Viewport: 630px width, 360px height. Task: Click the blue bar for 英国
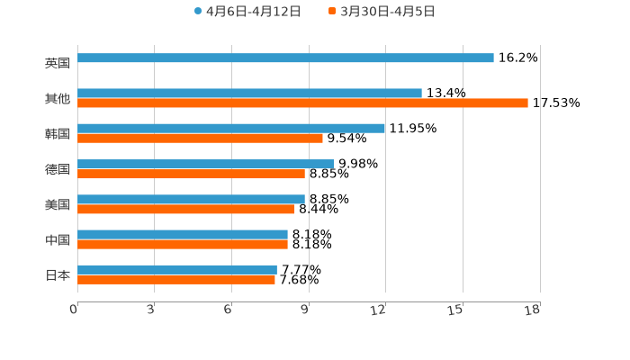click(x=285, y=58)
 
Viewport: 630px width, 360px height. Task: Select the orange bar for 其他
click(x=302, y=103)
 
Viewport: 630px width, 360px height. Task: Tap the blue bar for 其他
click(x=249, y=93)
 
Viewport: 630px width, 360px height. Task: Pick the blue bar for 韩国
click(x=231, y=129)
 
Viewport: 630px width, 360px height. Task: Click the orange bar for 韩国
click(x=200, y=139)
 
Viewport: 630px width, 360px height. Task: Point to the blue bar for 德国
click(x=205, y=164)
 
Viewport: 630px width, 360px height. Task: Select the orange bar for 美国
click(x=186, y=210)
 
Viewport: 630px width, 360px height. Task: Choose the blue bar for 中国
click(x=183, y=234)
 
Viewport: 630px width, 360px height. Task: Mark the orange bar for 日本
click(x=176, y=280)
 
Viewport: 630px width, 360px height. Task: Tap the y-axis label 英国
click(x=58, y=64)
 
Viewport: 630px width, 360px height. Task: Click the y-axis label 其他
click(x=58, y=99)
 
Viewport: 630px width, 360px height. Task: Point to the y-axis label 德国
click(x=58, y=169)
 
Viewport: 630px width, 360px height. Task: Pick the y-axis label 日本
click(x=58, y=275)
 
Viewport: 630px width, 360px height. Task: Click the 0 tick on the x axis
click(x=74, y=310)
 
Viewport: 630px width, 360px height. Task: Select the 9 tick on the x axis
click(x=305, y=310)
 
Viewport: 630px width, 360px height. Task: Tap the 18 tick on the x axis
click(x=533, y=310)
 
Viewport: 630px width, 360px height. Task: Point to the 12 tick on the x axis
click(x=379, y=310)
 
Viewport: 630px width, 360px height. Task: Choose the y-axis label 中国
click(x=58, y=240)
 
